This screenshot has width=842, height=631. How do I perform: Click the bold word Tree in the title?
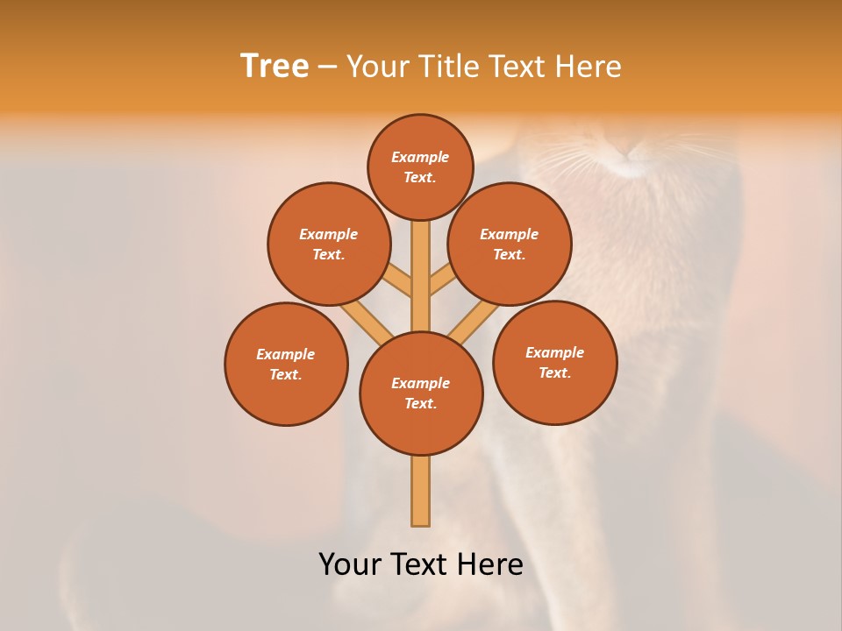(x=275, y=67)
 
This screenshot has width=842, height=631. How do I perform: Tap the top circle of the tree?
(x=420, y=167)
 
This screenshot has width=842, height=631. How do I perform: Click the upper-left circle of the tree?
(x=329, y=244)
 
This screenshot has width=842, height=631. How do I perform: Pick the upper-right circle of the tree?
(x=510, y=244)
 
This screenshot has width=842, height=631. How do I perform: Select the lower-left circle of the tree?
(x=286, y=364)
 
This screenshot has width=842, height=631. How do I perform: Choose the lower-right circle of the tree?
(x=554, y=362)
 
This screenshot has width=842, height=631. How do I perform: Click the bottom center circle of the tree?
(x=421, y=393)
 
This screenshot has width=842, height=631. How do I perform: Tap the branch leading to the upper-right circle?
(x=442, y=280)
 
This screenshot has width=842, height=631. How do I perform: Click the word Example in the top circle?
(x=420, y=157)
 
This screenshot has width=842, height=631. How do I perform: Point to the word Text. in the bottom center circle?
(x=420, y=404)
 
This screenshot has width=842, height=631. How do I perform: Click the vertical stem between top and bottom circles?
(x=421, y=272)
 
